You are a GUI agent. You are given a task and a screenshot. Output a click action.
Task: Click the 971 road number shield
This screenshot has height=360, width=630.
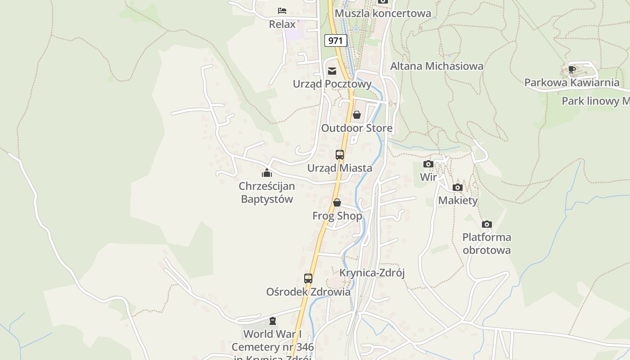coord(335,40)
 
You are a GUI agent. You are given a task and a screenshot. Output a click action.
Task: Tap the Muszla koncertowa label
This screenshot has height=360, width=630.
coord(383,13)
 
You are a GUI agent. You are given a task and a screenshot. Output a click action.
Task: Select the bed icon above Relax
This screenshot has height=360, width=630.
coord(282,10)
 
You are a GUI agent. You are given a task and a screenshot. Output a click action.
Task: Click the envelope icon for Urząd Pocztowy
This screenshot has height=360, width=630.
coord(332,71)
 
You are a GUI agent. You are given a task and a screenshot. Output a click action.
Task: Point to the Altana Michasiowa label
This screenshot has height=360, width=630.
coord(436,66)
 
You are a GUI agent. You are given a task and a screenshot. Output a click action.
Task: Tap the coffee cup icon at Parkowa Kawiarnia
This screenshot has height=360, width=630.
coord(571,69)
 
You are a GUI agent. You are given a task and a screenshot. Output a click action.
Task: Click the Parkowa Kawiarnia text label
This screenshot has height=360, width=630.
coord(571,83)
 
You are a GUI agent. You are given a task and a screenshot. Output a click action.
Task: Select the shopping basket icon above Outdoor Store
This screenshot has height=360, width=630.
coord(357,115)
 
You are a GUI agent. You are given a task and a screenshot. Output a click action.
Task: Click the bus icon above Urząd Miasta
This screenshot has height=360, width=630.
coord(340,155)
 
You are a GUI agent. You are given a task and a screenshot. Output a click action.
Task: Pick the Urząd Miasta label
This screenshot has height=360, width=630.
coord(340,168)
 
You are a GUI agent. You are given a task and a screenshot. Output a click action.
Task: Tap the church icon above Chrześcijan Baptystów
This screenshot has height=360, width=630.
coord(267,172)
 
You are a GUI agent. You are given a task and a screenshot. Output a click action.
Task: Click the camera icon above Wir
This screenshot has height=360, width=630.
coord(428,164)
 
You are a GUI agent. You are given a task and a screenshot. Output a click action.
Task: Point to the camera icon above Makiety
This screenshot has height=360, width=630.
coord(458,187)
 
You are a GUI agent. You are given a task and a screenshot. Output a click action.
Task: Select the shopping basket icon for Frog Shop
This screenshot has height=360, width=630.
coord(337,203)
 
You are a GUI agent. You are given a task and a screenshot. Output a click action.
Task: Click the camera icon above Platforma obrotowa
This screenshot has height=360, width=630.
coord(486,224)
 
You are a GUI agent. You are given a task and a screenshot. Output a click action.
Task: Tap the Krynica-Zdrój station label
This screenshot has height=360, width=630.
coord(372,273)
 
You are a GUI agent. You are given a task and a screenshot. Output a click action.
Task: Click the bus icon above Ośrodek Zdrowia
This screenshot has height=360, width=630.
coord(308,279)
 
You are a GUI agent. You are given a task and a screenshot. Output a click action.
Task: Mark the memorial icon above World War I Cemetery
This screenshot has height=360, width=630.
coord(272,321)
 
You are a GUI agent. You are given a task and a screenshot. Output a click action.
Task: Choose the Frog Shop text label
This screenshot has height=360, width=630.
coord(337,216)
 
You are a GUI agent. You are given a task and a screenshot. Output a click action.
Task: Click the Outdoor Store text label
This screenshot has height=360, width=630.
coord(356,128)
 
